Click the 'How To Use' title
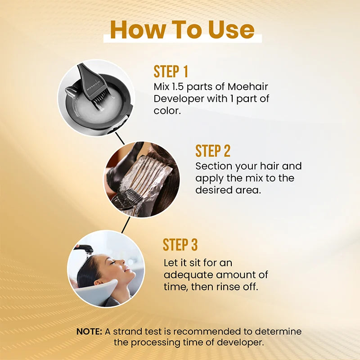click(182, 29)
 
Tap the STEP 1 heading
click(171, 72)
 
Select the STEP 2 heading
click(213, 151)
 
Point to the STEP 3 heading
click(180, 245)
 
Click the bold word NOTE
click(89, 332)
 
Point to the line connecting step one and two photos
click(120, 138)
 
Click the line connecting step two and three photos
click(126, 224)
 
